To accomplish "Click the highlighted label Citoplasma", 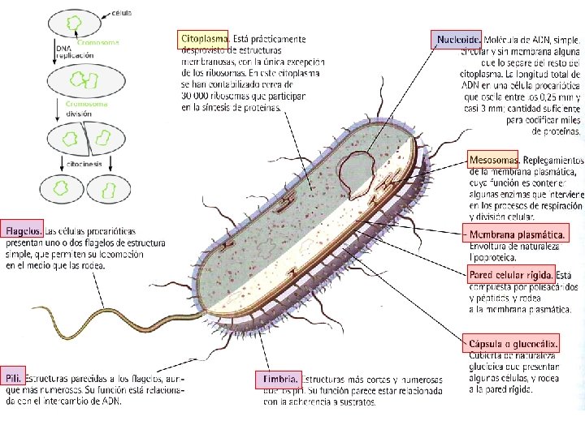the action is (203, 38).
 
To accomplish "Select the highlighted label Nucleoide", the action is (458, 38).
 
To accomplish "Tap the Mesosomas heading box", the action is (494, 159).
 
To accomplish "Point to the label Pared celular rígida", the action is (511, 275).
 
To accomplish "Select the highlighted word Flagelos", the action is (23, 230).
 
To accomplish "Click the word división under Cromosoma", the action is (81, 114).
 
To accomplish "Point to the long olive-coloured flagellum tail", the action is (122, 312).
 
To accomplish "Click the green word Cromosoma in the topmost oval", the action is (98, 42).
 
